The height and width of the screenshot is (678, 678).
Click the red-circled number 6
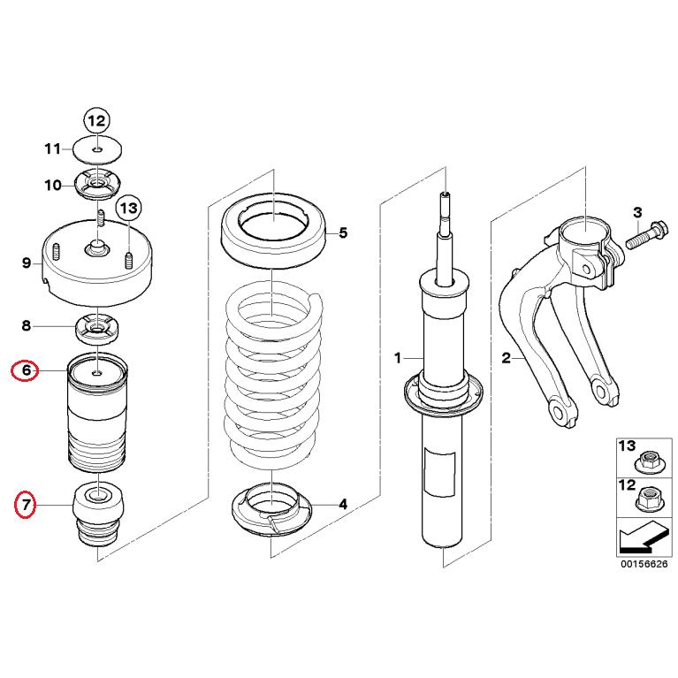[27, 370]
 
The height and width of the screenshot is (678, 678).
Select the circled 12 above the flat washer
[95, 120]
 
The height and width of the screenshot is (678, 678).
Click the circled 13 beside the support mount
[129, 209]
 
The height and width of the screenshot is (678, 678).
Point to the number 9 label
[27, 262]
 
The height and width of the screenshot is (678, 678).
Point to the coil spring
[273, 371]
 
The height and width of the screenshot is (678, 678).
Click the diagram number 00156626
[638, 562]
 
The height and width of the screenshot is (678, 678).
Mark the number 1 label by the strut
[398, 357]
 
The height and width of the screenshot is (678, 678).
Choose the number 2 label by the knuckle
[506, 357]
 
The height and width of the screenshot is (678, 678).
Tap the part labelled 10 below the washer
[96, 186]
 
